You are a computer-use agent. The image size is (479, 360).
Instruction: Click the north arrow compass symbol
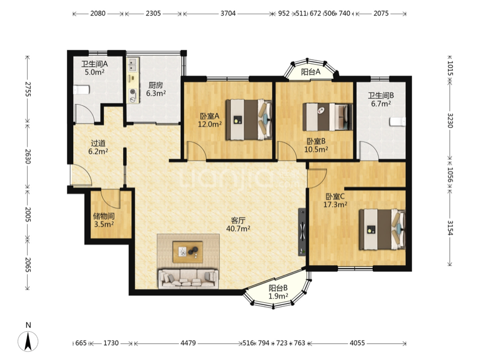click(28, 341)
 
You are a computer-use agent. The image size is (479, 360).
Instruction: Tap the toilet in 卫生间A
click(81, 90)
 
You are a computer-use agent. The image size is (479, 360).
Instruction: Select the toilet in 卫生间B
click(398, 121)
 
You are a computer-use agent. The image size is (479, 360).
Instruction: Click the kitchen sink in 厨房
click(133, 64)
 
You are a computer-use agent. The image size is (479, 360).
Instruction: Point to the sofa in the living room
click(188, 278)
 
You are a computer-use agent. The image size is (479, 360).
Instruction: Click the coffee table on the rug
click(187, 252)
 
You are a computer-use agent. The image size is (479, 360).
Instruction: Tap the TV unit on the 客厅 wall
click(302, 232)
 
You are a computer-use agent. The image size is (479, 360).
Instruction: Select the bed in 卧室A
click(249, 119)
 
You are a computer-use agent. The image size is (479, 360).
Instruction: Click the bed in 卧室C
click(382, 229)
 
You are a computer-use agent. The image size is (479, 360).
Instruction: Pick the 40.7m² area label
click(238, 229)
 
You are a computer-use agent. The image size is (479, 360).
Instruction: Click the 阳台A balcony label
click(310, 72)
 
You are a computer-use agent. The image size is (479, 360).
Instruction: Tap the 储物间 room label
click(104, 216)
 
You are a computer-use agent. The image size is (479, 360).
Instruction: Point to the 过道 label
click(98, 143)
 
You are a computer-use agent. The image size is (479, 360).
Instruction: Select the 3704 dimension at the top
click(228, 13)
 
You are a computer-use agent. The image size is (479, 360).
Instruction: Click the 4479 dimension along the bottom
click(188, 343)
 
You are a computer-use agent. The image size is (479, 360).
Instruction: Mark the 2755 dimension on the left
click(28, 89)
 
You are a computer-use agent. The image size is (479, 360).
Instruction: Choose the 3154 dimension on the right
click(450, 227)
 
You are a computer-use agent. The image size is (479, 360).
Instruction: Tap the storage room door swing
click(111, 199)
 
